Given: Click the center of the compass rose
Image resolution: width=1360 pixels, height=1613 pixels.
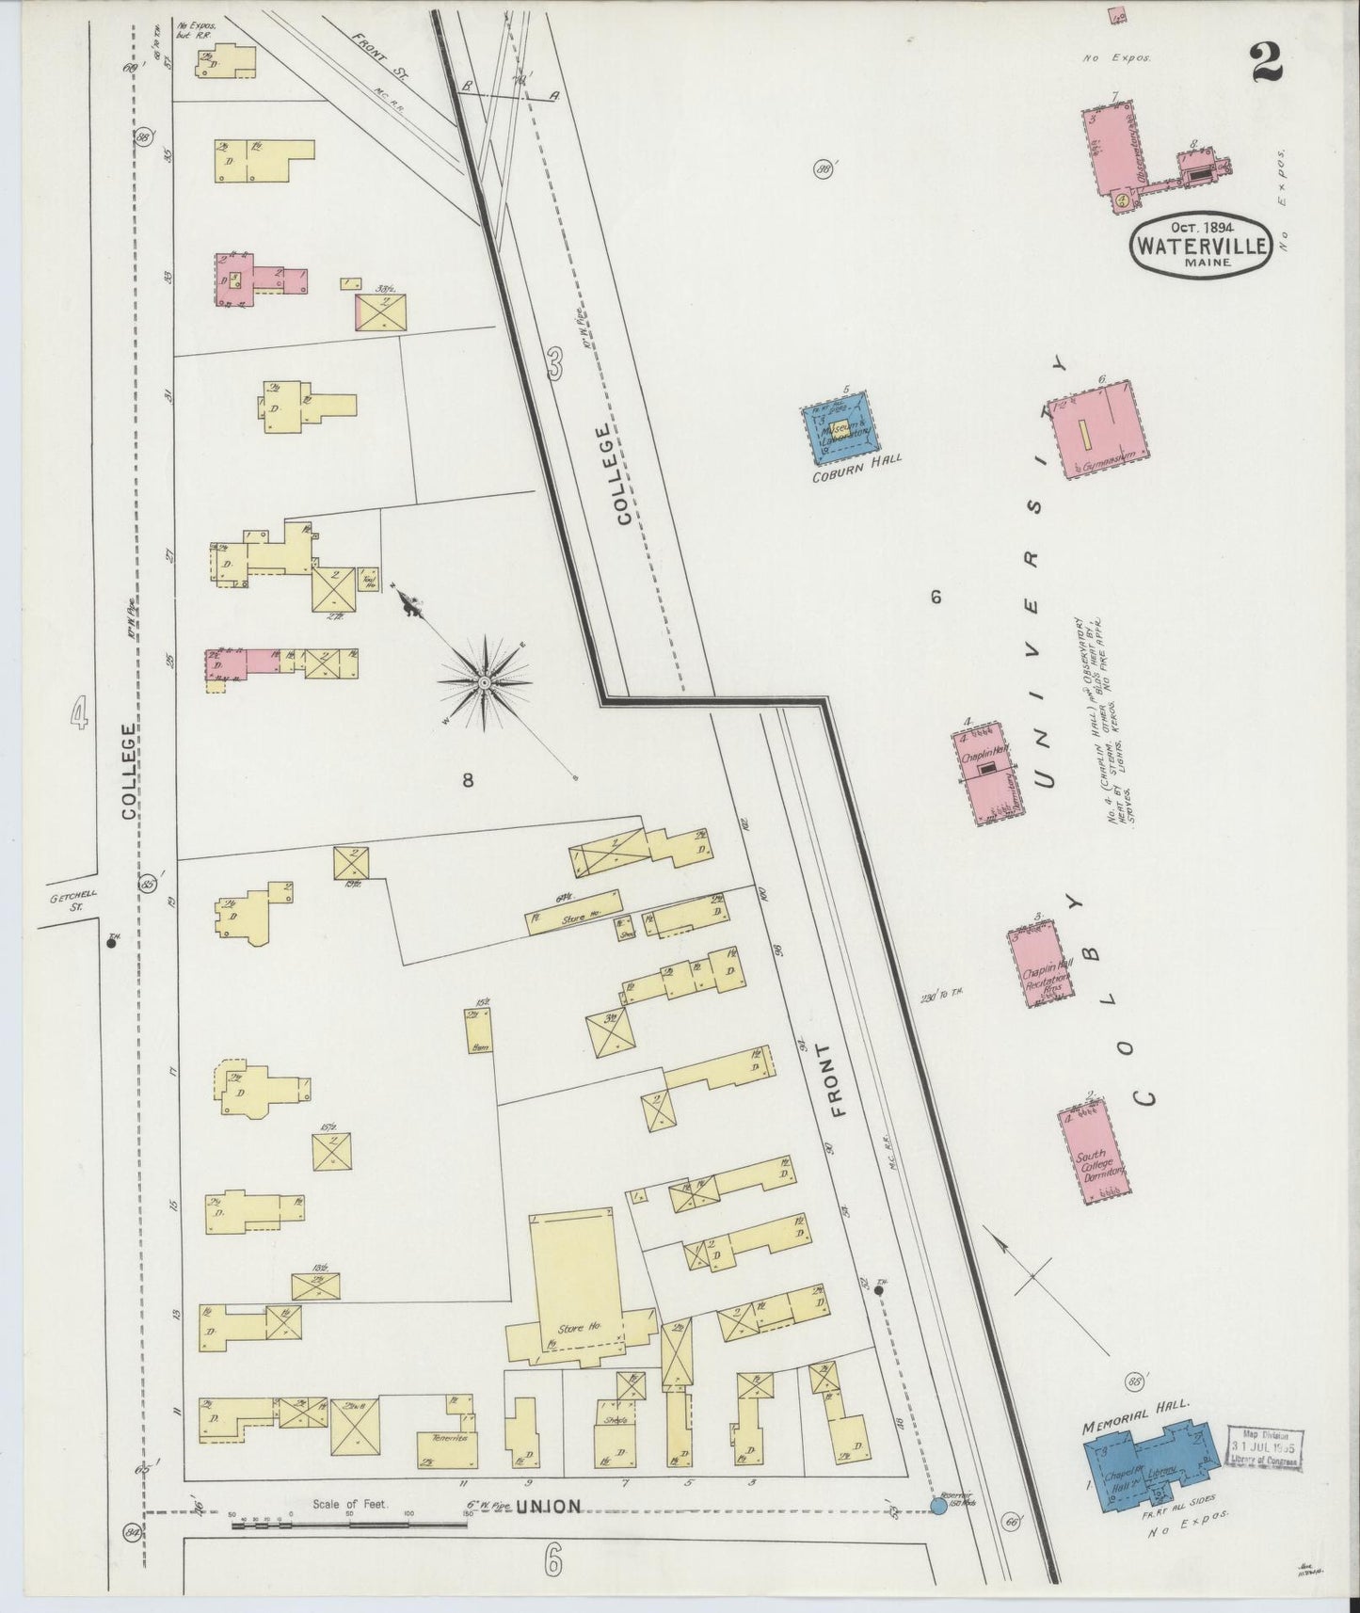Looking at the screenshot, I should tap(484, 682).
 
